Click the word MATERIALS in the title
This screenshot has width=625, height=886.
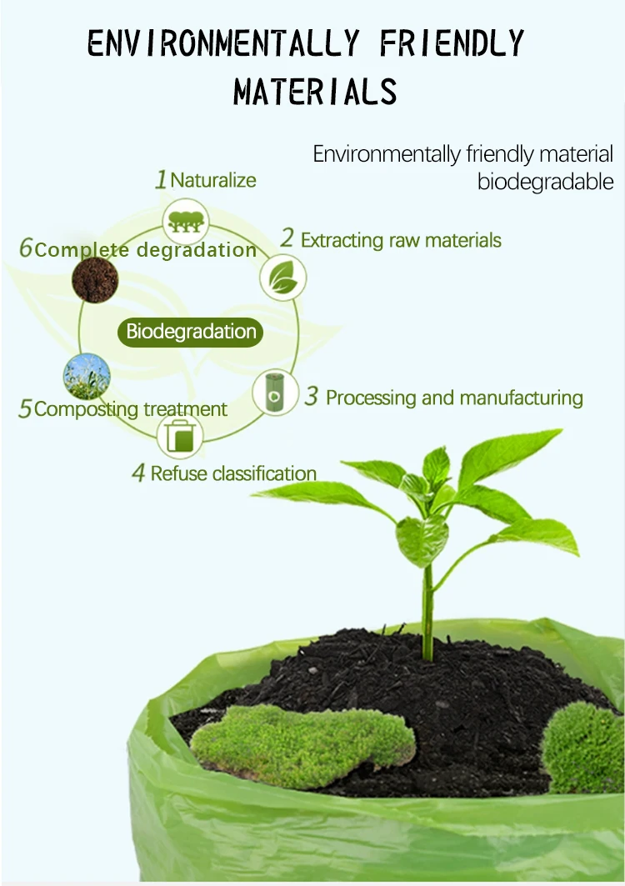[x=315, y=92]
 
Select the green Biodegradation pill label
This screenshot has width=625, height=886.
[x=191, y=332]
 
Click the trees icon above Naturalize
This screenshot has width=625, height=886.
[x=185, y=222]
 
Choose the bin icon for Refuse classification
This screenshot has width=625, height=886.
[x=180, y=436]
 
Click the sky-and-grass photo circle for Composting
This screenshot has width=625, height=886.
[x=87, y=377]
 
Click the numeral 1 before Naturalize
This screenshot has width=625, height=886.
[x=162, y=180]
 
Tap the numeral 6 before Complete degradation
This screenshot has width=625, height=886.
[x=26, y=248]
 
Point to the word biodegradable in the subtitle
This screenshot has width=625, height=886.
[x=545, y=182]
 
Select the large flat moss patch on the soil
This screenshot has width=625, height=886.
[x=303, y=736]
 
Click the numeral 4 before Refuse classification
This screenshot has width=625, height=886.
[x=139, y=474]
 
